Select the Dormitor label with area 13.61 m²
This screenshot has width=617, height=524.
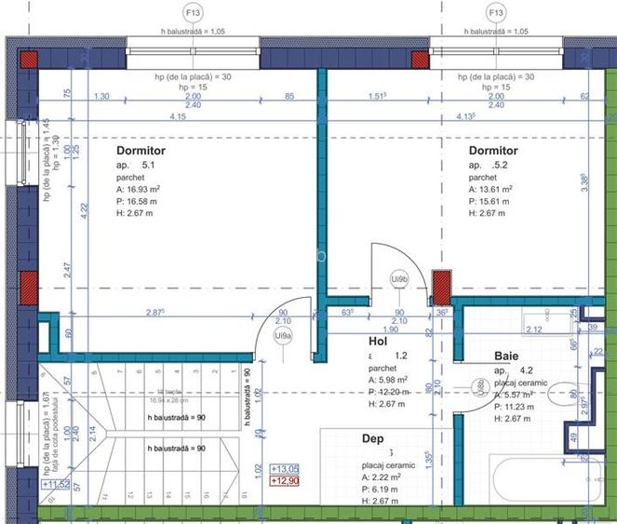click(x=493, y=151)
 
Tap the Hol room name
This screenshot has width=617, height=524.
click(x=378, y=342)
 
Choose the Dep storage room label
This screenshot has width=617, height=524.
click(x=372, y=437)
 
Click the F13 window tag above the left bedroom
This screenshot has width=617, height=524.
click(x=194, y=13)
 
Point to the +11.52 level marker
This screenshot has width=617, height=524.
click(x=56, y=484)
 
